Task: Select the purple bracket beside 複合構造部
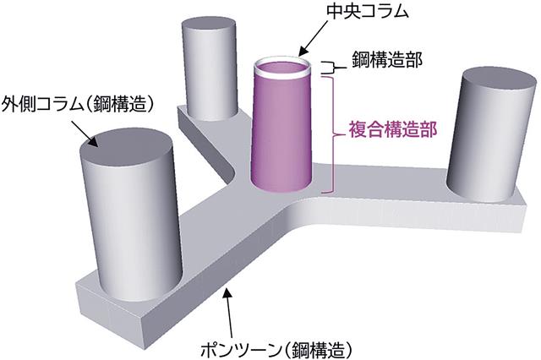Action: [336, 131]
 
